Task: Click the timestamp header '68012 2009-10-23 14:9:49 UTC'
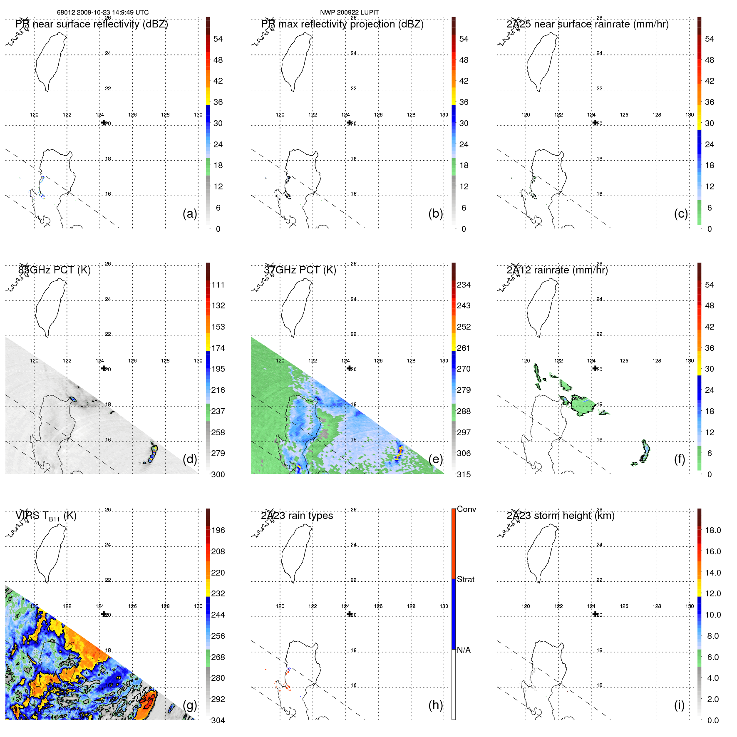[103, 12]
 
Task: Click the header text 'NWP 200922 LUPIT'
[349, 12]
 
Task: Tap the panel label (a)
[190, 213]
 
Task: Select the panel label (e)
[436, 459]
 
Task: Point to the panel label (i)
[679, 705]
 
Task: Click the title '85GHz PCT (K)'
[54, 270]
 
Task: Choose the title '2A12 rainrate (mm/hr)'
[557, 270]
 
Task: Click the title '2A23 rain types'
[297, 516]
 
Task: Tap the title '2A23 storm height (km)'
[561, 516]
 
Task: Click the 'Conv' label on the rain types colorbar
[467, 509]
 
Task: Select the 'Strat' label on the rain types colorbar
[466, 579]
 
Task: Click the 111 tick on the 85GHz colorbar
[218, 285]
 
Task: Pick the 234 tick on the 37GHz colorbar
[464, 285]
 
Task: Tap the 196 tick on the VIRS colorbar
[218, 530]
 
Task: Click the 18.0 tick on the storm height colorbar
[713, 530]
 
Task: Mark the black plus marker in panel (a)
[104, 122]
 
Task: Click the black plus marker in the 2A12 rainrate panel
[595, 368]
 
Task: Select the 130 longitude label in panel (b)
[444, 115]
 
